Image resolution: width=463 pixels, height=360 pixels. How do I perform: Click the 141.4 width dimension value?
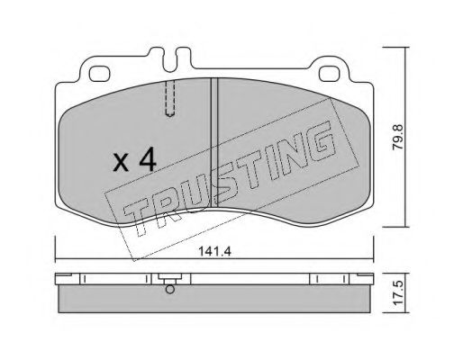(214, 251)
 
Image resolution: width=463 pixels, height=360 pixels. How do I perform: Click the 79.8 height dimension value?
(398, 137)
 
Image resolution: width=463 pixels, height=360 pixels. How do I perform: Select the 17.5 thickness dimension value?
(398, 293)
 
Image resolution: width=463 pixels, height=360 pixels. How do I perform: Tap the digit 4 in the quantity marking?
(148, 160)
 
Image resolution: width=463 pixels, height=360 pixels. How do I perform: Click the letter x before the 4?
(121, 164)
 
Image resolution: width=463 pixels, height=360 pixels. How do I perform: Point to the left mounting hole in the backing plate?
(100, 74)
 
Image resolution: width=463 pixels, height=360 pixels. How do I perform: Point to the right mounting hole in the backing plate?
(329, 74)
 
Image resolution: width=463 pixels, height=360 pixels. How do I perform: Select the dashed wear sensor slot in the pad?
(170, 98)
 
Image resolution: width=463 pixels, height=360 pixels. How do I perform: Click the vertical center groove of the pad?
(214, 142)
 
